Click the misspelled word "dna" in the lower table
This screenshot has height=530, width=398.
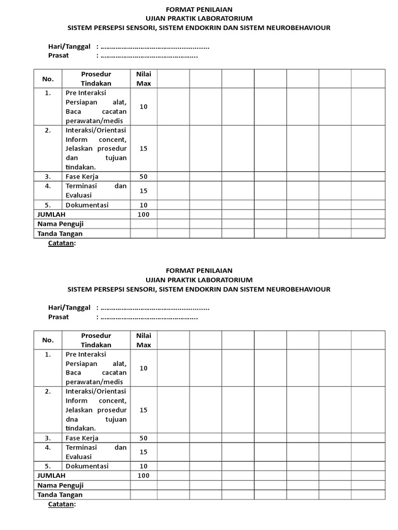[72, 419]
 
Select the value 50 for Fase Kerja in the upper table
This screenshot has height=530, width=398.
[144, 176]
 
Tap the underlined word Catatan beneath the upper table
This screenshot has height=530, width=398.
[62, 243]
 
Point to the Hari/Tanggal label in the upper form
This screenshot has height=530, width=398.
[69, 47]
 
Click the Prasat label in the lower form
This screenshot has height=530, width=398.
[59, 317]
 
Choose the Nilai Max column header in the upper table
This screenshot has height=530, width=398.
[144, 79]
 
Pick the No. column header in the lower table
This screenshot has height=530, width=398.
[48, 340]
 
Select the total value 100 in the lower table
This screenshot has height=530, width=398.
[144, 475]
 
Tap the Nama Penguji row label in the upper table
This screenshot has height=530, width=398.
[61, 224]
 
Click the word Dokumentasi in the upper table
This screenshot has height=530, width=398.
[87, 205]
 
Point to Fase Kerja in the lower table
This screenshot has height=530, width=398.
[82, 438]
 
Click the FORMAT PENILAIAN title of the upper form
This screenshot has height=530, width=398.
[199, 9]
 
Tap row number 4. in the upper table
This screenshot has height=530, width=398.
[48, 186]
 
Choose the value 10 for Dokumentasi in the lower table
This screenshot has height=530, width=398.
[144, 466]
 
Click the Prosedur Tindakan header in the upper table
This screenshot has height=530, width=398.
[96, 79]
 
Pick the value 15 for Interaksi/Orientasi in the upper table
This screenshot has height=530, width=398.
[144, 149]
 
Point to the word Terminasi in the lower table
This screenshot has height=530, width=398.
[81, 447]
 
